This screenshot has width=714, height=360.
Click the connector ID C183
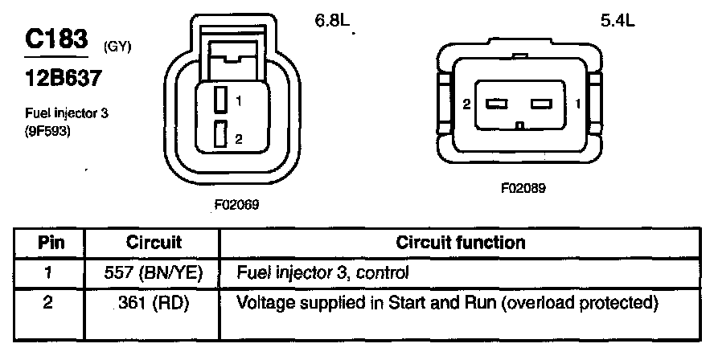click(55, 39)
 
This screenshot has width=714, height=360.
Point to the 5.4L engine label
click(618, 22)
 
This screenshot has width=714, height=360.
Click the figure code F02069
click(237, 205)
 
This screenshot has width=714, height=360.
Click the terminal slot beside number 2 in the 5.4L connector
click(496, 104)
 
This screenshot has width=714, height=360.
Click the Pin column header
click(51, 242)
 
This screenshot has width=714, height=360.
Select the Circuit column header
click(154, 242)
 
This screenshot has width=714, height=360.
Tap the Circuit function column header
click(461, 242)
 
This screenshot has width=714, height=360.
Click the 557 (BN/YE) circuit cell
click(154, 273)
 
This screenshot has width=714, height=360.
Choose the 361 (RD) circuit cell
click(154, 305)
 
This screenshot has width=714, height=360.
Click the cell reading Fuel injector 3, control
click(323, 273)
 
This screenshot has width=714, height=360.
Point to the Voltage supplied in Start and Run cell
click(447, 305)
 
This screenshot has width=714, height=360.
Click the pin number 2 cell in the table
click(50, 305)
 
